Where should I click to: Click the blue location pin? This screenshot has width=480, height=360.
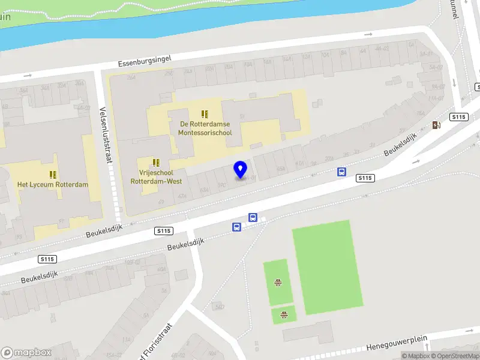pyautogui.click(x=241, y=170)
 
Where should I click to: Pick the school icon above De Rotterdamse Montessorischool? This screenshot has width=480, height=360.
pyautogui.click(x=205, y=113)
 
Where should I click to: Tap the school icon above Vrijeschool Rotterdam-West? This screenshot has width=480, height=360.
pyautogui.click(x=157, y=163)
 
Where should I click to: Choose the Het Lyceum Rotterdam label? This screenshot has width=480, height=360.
pyautogui.click(x=53, y=184)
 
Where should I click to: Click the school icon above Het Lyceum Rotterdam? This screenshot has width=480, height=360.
pyautogui.click(x=53, y=174)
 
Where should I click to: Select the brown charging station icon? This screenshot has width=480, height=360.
pyautogui.click(x=436, y=125)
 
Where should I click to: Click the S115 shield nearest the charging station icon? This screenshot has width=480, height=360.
pyautogui.click(x=459, y=117)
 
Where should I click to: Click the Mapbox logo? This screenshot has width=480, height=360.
pyautogui.click(x=26, y=353)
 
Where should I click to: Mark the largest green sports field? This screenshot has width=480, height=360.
pyautogui.click(x=328, y=266)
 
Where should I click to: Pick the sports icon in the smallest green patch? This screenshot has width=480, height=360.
pyautogui.click(x=283, y=314)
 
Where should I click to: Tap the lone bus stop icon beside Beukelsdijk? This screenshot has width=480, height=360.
pyautogui.click(x=341, y=172)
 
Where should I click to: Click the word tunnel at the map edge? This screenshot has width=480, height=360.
pyautogui.click(x=454, y=8)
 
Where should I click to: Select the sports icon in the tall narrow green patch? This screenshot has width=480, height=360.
pyautogui.click(x=278, y=282)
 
